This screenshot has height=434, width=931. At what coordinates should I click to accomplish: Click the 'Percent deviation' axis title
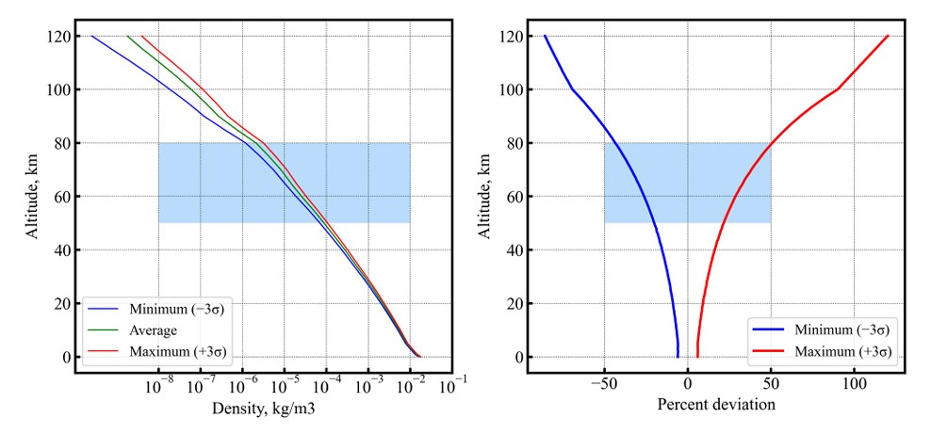(x=716, y=405)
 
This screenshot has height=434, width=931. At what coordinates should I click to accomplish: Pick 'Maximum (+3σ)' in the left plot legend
(x=173, y=352)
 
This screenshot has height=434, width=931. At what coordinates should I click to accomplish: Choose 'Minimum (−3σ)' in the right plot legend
(x=842, y=330)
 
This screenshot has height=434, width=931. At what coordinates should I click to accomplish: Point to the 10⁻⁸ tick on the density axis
(x=159, y=383)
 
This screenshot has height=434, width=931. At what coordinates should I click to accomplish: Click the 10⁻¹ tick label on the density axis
(x=453, y=383)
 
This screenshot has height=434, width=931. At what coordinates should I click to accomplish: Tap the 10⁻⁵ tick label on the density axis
(x=285, y=383)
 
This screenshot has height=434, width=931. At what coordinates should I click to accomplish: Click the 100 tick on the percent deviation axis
(x=855, y=385)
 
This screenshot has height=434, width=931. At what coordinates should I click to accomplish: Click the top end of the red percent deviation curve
(x=888, y=37)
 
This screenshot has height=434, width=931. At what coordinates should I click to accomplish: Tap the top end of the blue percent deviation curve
(x=545, y=37)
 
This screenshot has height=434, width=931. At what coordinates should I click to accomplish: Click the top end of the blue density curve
(x=91, y=37)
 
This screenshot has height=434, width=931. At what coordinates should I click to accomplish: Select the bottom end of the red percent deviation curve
(x=697, y=356)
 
